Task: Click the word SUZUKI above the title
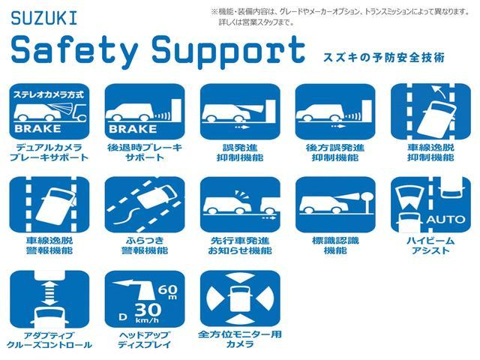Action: click(x=44, y=18)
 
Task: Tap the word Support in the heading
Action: click(x=228, y=51)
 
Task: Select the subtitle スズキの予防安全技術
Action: click(x=384, y=57)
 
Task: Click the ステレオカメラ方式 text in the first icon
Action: click(x=49, y=94)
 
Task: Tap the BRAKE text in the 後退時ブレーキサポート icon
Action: click(x=133, y=129)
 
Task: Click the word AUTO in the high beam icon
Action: click(x=445, y=219)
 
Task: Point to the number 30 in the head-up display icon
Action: click(x=148, y=310)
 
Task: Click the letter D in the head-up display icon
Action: click(x=123, y=316)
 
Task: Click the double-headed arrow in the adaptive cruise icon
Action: click(x=49, y=293)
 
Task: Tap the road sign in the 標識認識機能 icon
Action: click(x=367, y=200)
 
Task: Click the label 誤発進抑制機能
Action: click(x=240, y=152)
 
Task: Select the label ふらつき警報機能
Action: click(x=145, y=245)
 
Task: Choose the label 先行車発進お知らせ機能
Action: click(x=240, y=245)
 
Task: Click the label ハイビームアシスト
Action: click(x=430, y=245)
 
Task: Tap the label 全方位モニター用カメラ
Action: click(x=240, y=339)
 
